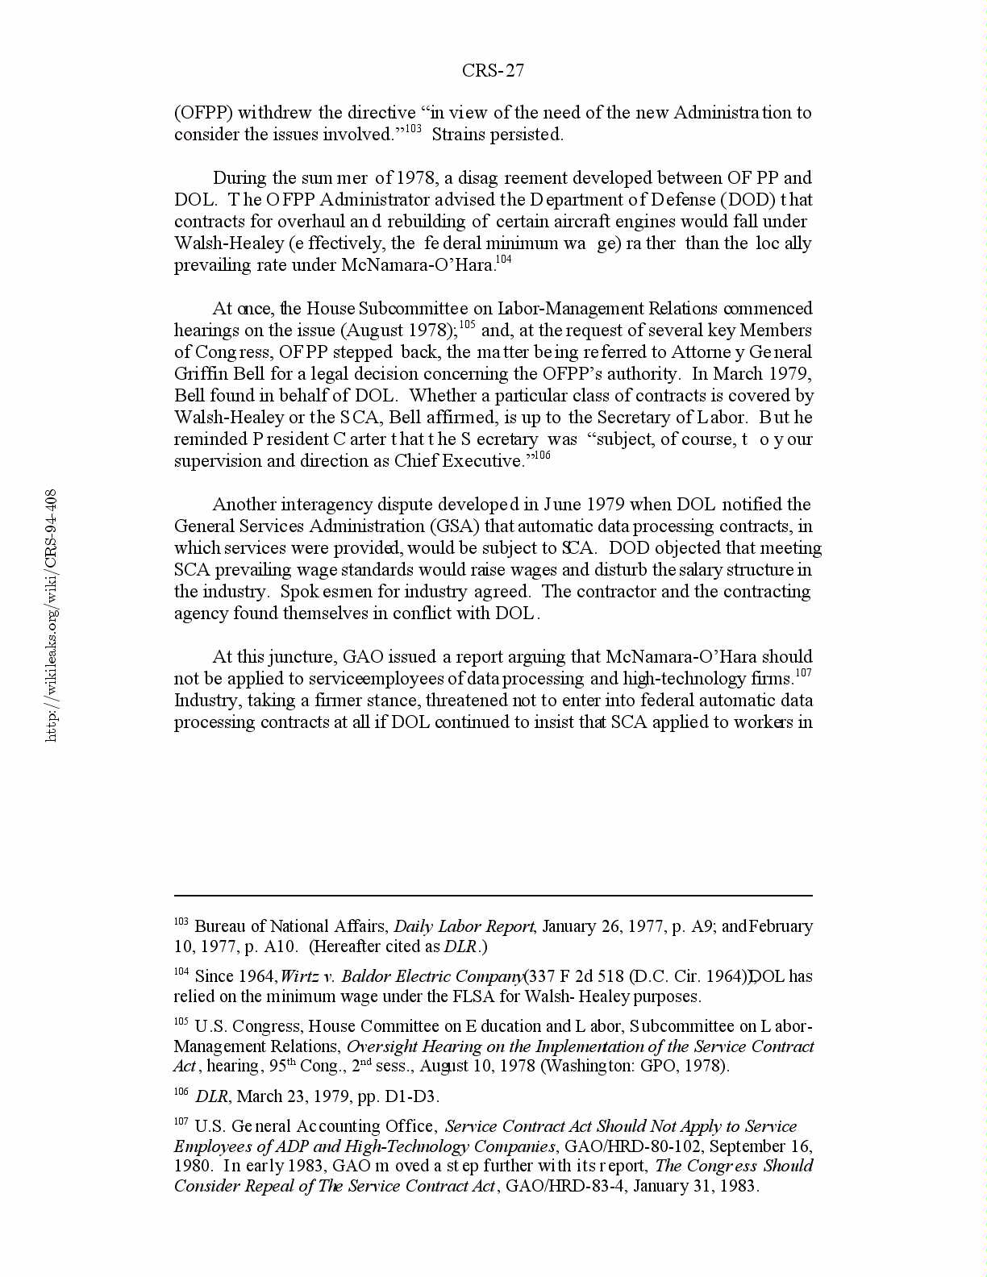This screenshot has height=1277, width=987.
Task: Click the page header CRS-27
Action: pyautogui.click(x=493, y=71)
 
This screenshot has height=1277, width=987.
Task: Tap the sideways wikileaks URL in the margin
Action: pyautogui.click(x=51, y=614)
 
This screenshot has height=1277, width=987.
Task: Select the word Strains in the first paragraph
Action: pyautogui.click(x=457, y=135)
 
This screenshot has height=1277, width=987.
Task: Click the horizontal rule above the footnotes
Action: pyautogui.click(x=493, y=896)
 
